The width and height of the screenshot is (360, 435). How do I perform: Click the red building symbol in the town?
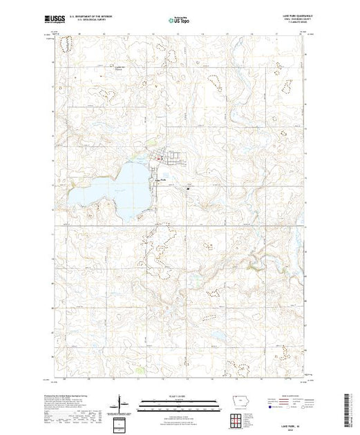[161, 160]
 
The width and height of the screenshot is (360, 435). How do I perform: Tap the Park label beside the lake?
[163, 181]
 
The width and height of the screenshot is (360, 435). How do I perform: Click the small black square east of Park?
[187, 187]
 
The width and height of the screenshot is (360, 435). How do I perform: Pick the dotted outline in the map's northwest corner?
[67, 46]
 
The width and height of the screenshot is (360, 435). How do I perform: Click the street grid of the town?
[166, 156]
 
